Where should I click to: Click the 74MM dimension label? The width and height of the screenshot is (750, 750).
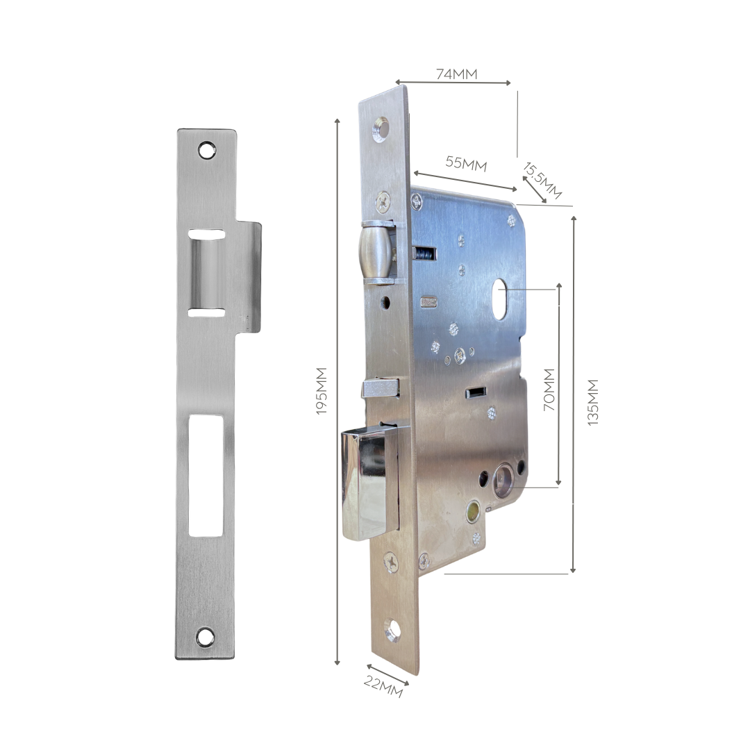tap(456, 74)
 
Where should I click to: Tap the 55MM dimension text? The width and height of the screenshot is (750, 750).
tap(466, 163)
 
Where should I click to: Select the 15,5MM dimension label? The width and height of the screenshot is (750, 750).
tap(542, 181)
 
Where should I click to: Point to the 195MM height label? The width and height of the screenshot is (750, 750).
tap(321, 391)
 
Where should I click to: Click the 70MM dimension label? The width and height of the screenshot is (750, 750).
tap(549, 390)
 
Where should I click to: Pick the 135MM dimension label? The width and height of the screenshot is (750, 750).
tap(592, 402)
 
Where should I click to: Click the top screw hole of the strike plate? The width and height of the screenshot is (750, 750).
tap(207, 150)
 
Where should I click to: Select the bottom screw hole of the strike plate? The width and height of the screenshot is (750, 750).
tap(205, 637)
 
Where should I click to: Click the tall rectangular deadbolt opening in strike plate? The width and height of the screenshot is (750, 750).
tap(206, 476)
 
